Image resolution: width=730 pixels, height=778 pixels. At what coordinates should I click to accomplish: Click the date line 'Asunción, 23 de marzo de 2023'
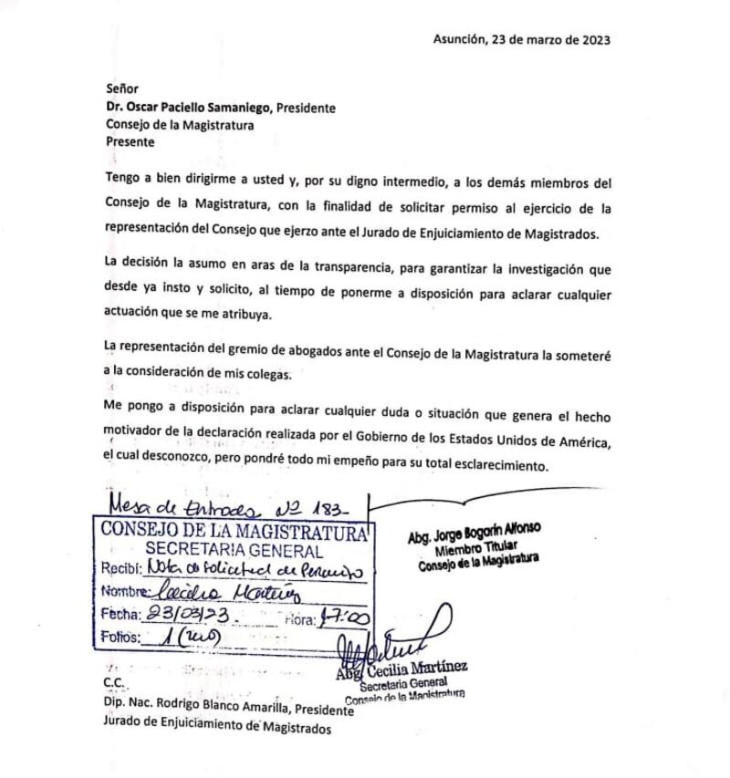click(x=521, y=40)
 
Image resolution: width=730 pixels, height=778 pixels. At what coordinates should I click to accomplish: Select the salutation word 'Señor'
click(x=122, y=89)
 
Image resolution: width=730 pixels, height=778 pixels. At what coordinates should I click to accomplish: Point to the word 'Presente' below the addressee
click(x=130, y=142)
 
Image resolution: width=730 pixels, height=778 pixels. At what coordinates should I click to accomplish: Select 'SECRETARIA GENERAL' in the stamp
click(x=234, y=551)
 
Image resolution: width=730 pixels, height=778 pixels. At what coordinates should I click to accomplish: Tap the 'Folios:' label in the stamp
click(x=121, y=637)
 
